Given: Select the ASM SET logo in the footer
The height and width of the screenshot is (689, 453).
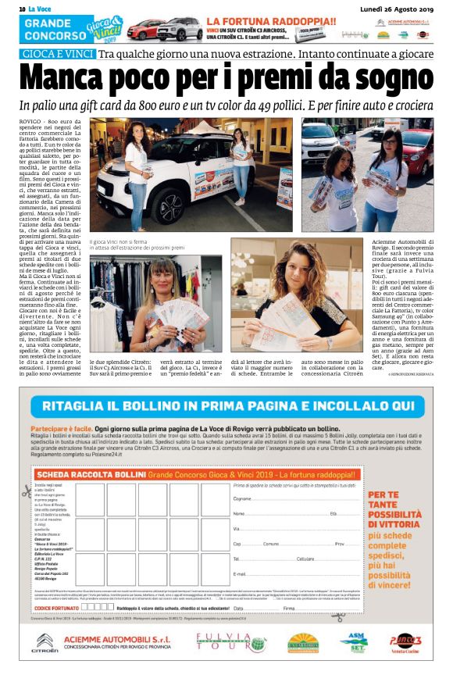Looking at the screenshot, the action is [353, 641].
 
